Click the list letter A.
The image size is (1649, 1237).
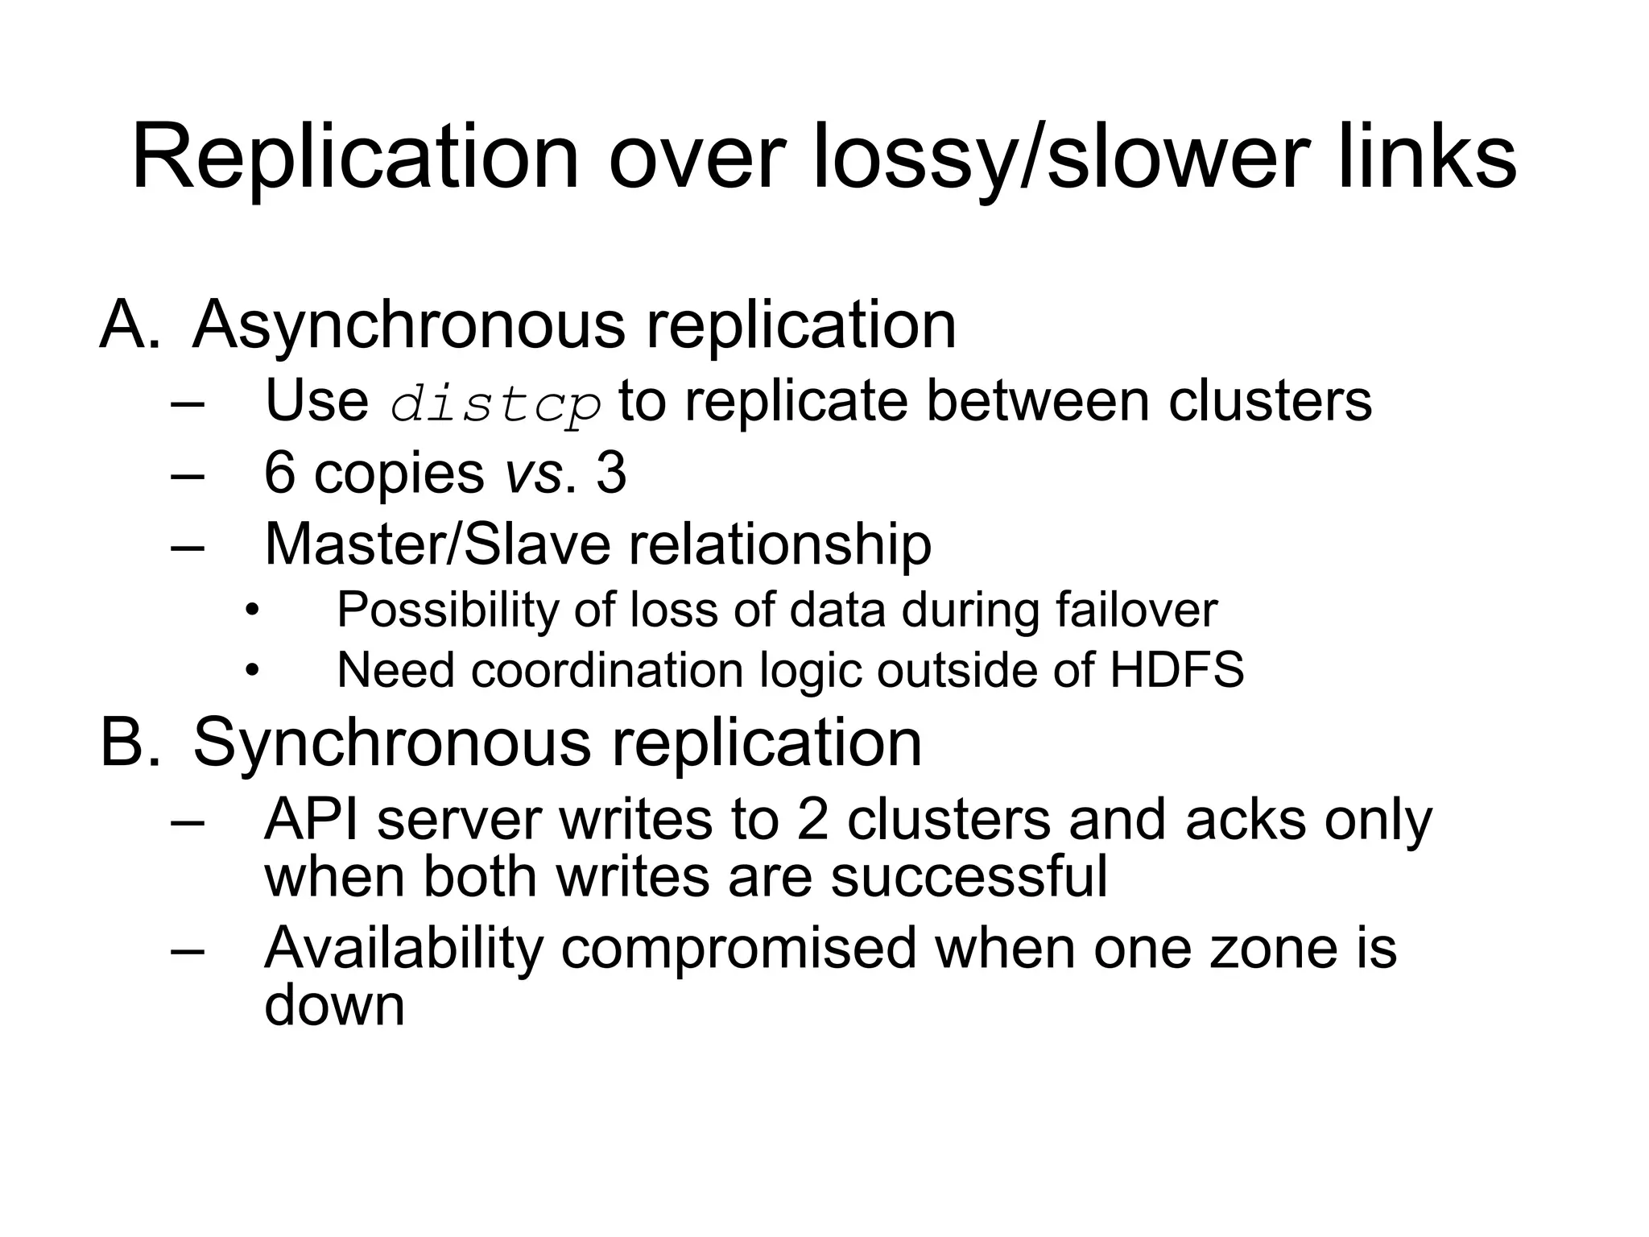(129, 325)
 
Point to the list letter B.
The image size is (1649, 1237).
(129, 742)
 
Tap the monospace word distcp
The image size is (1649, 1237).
(495, 403)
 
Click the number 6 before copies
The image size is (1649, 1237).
(279, 473)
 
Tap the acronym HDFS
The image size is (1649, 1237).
(1176, 670)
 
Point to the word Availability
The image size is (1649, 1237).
(403, 949)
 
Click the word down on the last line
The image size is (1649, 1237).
(334, 1005)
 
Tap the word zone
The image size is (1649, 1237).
(1264, 949)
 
